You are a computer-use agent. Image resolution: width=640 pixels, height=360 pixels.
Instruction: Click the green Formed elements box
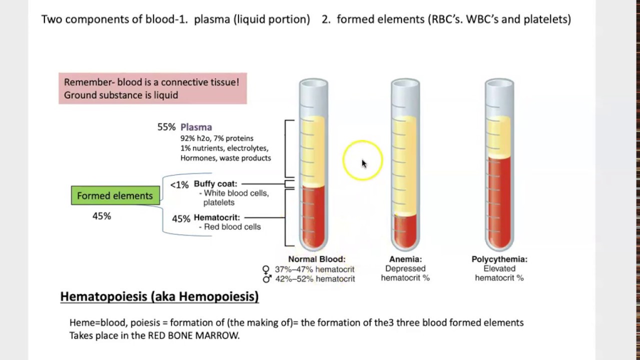tap(115, 195)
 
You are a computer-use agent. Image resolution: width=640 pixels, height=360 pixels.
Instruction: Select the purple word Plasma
tap(196, 127)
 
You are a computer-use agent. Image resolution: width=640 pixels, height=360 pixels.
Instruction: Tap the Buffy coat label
tap(215, 183)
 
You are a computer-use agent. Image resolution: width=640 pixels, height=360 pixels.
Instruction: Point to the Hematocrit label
tap(217, 217)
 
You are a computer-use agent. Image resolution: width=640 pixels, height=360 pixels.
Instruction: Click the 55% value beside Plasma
tap(166, 127)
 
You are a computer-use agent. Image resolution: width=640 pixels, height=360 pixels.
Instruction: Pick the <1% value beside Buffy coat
tap(179, 185)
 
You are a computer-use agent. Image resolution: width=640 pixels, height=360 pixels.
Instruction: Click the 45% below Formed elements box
tap(101, 216)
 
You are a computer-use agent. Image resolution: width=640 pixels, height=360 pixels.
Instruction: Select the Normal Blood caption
tap(316, 259)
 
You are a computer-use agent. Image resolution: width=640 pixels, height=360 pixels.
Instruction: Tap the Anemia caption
tap(405, 259)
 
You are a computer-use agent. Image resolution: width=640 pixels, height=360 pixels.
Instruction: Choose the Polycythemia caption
tap(499, 259)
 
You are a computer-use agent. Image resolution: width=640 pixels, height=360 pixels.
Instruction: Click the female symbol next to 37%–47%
tap(266, 269)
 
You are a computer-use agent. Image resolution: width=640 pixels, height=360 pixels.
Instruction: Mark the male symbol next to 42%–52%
tap(267, 278)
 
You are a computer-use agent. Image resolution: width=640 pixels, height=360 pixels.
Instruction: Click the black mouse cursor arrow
tap(363, 163)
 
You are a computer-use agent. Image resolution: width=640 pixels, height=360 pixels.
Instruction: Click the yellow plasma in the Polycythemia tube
tap(499, 137)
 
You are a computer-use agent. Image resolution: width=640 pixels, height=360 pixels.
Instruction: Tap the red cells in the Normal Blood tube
tap(313, 215)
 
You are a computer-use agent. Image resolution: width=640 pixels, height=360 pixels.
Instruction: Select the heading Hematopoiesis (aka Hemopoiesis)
tap(159, 296)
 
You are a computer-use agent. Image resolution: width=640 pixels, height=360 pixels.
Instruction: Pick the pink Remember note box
tap(152, 88)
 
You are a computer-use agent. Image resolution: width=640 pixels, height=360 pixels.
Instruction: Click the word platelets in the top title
tap(548, 19)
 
